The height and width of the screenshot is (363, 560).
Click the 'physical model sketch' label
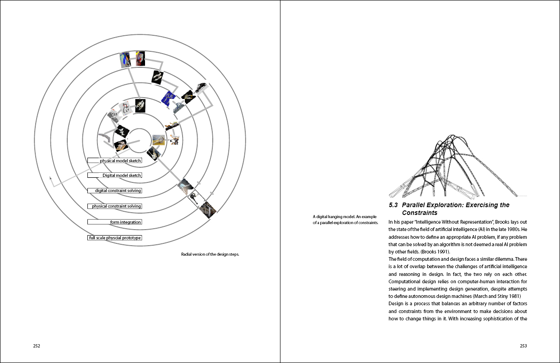point(114,161)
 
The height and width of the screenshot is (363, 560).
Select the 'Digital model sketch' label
point(114,176)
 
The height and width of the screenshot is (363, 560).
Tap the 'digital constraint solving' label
point(114,191)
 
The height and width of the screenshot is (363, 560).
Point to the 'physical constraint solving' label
point(114,206)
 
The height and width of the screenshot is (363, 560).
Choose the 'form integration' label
point(114,222)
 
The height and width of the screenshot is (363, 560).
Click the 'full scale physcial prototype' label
point(114,238)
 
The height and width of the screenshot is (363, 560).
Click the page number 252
point(37,346)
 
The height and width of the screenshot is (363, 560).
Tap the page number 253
point(523,346)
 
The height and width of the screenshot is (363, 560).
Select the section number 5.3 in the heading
point(393,205)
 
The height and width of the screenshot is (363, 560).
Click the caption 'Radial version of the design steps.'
point(210,254)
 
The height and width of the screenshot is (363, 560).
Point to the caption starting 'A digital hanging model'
point(345,220)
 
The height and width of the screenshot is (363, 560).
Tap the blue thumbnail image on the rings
point(169,98)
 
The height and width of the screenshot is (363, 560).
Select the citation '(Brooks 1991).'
point(403,252)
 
